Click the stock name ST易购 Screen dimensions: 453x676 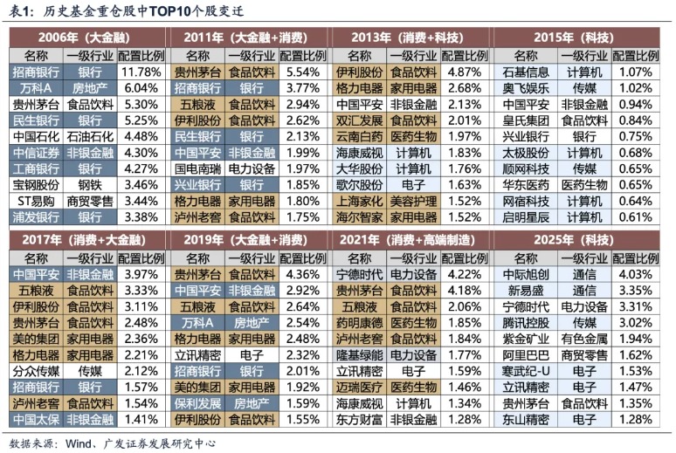[36, 200]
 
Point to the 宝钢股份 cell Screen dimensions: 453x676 [36, 184]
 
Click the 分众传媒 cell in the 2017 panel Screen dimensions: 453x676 [36, 371]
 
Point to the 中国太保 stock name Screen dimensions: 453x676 [36, 419]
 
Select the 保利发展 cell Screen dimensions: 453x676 [197, 403]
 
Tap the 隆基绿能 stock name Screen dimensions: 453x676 [359, 355]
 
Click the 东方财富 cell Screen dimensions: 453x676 [359, 419]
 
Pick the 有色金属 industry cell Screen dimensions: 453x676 [584, 339]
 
